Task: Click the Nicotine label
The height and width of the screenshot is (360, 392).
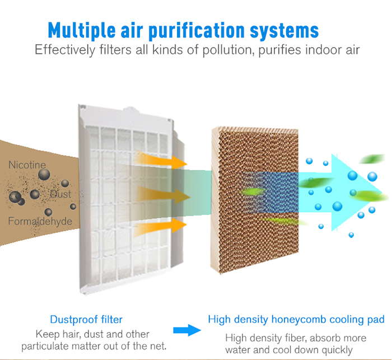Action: click(x=27, y=165)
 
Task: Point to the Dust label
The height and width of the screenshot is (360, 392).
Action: click(x=60, y=194)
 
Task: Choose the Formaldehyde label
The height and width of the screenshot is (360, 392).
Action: click(x=40, y=222)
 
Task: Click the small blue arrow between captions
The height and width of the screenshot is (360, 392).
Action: click(x=186, y=329)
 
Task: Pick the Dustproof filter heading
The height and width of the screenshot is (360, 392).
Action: click(x=86, y=320)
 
